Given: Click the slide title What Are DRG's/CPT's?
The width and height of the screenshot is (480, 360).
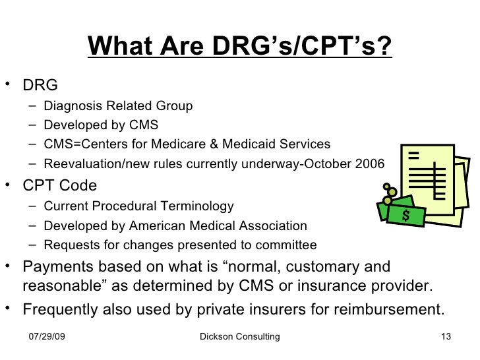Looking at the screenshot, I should click(x=240, y=47).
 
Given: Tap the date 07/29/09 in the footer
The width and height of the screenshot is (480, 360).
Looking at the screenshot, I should click(x=51, y=337).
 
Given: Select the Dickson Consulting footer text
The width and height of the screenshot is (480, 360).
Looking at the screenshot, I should click(x=239, y=337).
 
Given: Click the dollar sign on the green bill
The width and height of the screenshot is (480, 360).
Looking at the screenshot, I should click(x=405, y=215).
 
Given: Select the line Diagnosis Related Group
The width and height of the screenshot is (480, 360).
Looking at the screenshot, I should click(x=118, y=105).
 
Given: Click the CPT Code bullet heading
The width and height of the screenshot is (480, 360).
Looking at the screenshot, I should click(x=59, y=185).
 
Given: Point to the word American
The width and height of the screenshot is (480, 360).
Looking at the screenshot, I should click(x=175, y=226).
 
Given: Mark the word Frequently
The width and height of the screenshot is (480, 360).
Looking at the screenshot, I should click(x=63, y=309).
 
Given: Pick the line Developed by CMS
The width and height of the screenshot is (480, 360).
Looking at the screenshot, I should click(x=101, y=125).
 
